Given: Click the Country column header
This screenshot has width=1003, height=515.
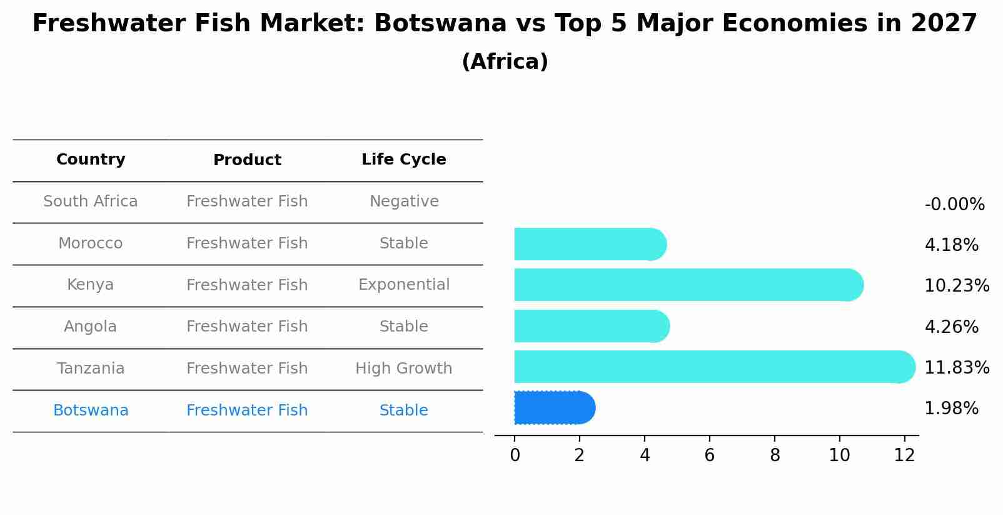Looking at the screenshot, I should pyautogui.click(x=91, y=160).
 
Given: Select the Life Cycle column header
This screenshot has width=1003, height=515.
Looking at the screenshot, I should pyautogui.click(x=403, y=160).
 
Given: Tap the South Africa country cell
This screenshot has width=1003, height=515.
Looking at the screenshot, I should pyautogui.click(x=91, y=201).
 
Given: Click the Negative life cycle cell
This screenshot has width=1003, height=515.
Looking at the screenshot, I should pyautogui.click(x=404, y=201).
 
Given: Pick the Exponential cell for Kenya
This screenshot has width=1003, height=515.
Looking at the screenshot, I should pyautogui.click(x=404, y=285).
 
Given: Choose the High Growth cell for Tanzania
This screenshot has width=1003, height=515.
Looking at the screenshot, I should pyautogui.click(x=404, y=369).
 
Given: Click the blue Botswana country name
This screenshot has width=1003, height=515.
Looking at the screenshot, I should pyautogui.click(x=91, y=410).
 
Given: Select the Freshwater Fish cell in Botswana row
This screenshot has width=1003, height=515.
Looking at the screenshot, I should pyautogui.click(x=247, y=410).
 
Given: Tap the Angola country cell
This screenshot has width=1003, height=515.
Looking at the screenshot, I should pyautogui.click(x=91, y=327).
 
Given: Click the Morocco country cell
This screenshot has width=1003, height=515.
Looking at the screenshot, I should pyautogui.click(x=91, y=243).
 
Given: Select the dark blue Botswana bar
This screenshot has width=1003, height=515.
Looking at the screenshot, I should pyautogui.click(x=553, y=408).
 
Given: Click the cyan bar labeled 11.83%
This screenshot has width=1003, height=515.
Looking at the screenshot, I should pyautogui.click(x=713, y=367).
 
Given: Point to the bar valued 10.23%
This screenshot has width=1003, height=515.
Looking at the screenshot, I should pyautogui.click(x=688, y=285).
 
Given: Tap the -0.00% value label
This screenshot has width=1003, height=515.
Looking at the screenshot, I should pyautogui.click(x=954, y=205).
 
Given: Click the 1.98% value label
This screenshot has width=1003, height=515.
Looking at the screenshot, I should pyautogui.click(x=951, y=409).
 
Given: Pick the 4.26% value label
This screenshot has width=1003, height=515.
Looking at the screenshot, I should pyautogui.click(x=951, y=327).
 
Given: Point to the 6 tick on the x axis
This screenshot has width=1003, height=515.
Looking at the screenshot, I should pyautogui.click(x=709, y=456).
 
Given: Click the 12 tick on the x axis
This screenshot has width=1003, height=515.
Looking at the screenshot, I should pyautogui.click(x=904, y=456).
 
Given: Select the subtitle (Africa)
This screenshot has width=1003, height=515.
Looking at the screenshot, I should pyautogui.click(x=505, y=62).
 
